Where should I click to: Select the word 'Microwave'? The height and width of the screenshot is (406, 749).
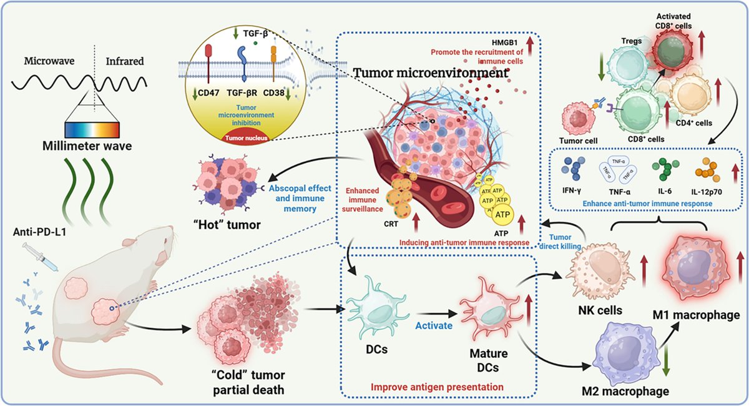pos(51,62)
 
